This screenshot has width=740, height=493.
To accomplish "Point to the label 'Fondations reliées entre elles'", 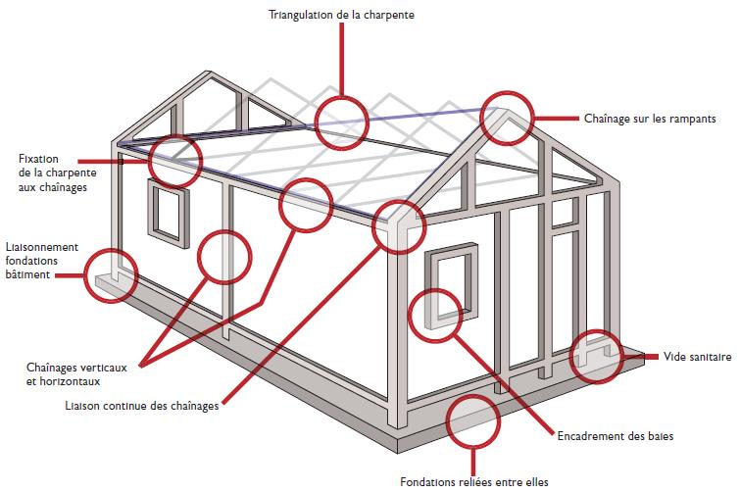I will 469,480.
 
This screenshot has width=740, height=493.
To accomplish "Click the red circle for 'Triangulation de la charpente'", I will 341,121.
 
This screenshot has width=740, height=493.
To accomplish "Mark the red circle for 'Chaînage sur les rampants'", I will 507,121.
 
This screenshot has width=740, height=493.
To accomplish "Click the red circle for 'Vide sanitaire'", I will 594,355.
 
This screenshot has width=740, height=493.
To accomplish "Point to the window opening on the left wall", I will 168,211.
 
